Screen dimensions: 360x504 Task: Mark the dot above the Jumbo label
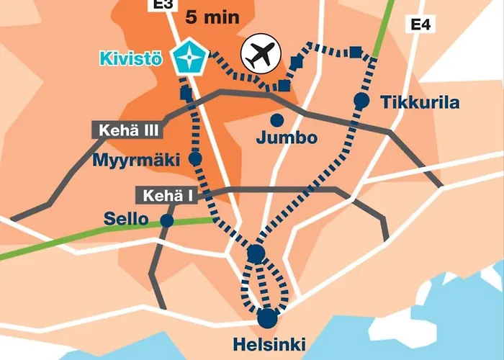click(276, 119)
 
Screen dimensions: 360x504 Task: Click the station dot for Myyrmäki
click(194, 158)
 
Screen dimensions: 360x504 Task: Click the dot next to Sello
click(167, 220)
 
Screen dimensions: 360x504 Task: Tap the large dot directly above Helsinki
click(267, 317)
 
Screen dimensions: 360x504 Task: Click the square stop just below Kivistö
click(186, 94)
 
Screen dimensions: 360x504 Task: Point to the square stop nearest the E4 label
click(355, 50)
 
